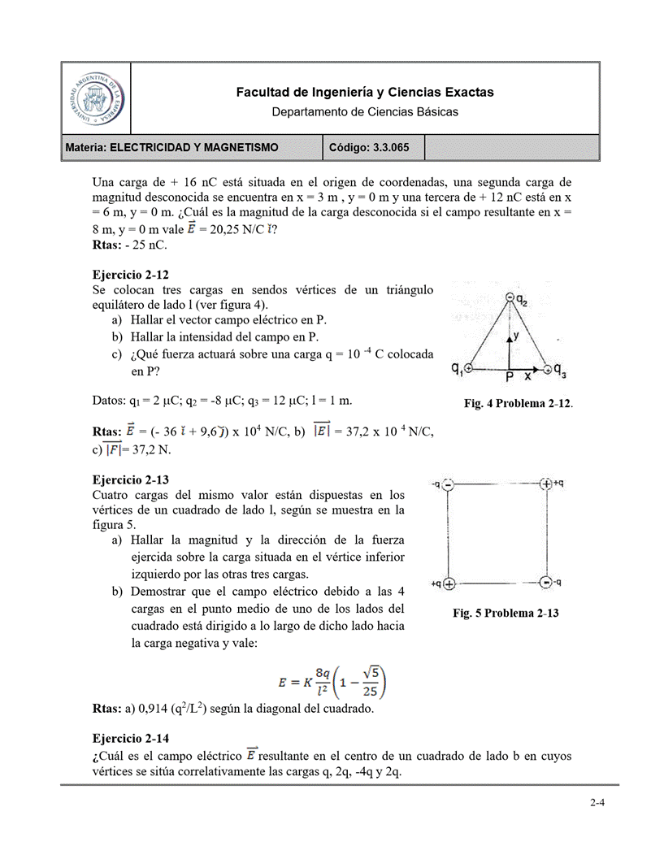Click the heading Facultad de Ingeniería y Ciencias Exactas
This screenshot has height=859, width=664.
click(364, 93)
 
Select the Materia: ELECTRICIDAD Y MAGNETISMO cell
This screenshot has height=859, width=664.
click(171, 147)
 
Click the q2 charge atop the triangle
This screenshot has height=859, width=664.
click(510, 297)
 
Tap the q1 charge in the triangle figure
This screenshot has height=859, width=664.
click(468, 368)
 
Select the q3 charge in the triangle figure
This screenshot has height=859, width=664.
click(549, 369)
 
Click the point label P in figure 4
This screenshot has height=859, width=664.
click(509, 378)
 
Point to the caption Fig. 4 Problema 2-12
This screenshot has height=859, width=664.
click(519, 403)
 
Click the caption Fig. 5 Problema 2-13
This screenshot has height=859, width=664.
click(506, 613)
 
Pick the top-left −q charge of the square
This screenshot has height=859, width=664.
click(449, 484)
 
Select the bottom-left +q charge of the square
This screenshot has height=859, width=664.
click(449, 583)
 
